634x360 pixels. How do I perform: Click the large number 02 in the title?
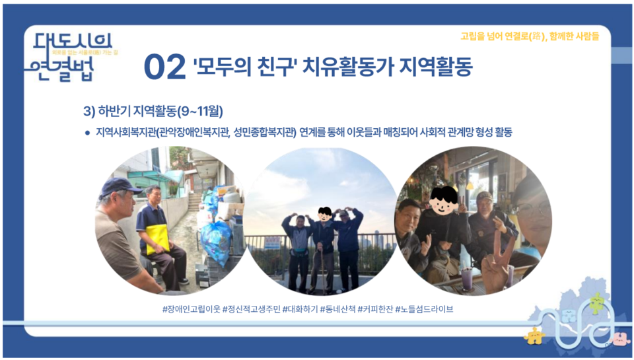164,67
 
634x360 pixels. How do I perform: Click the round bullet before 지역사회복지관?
87,133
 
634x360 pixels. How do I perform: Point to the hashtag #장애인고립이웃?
191,308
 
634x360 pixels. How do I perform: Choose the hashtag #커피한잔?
374,308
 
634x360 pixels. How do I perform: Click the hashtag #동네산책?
337,308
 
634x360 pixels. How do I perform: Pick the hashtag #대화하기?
300,308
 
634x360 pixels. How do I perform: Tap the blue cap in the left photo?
119,186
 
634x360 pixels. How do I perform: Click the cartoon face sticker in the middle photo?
324,213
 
